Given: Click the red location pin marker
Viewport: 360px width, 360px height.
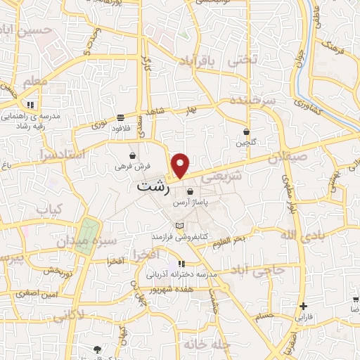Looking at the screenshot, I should (x=181, y=165).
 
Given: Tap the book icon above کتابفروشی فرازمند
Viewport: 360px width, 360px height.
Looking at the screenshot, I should (x=181, y=226).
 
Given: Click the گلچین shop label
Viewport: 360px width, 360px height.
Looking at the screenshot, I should (x=243, y=143).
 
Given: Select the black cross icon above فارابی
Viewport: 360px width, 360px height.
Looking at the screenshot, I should (x=303, y=306).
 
